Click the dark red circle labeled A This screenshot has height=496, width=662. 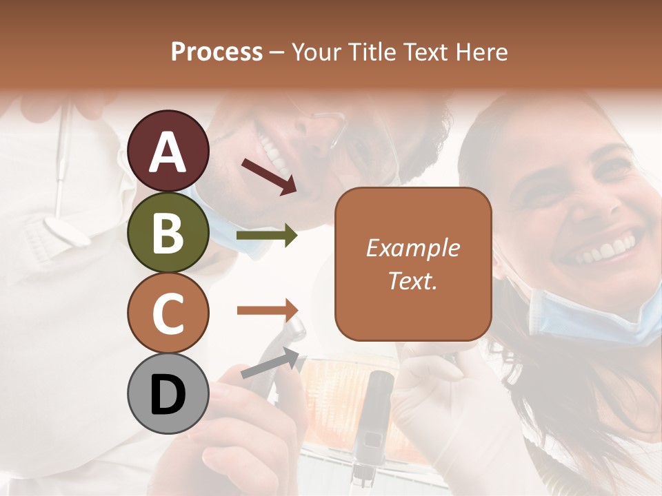(168, 151)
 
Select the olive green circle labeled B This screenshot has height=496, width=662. (168, 232)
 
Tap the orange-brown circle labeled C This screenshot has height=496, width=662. (168, 313)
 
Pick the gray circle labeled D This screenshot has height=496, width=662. (168, 394)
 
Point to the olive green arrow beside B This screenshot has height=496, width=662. (267, 236)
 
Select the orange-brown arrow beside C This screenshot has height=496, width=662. (267, 310)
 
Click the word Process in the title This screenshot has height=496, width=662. (217, 52)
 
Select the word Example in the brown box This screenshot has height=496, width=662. (412, 248)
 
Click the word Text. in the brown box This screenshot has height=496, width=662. (412, 280)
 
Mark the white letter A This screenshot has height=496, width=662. (168, 152)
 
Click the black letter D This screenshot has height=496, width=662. (168, 395)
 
